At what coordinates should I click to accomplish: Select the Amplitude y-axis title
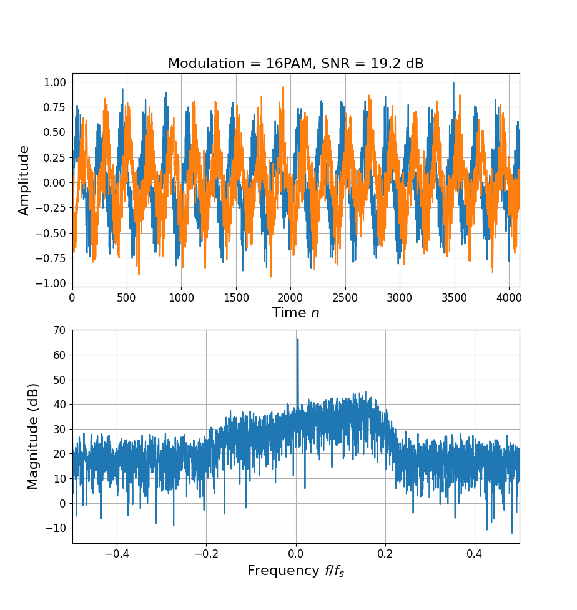tap(24, 180)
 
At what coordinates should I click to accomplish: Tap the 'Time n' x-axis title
tap(295, 313)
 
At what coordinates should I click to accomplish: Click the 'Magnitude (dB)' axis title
tap(33, 436)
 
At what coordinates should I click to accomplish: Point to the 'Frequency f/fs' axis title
tap(295, 571)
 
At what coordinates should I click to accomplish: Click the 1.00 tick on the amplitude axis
tap(54, 82)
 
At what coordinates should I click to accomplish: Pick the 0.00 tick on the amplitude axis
tap(54, 182)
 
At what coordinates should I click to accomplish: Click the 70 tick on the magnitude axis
tap(59, 330)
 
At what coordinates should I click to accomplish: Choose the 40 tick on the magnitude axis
tap(59, 405)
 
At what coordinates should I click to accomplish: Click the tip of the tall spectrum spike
tap(298, 339)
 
